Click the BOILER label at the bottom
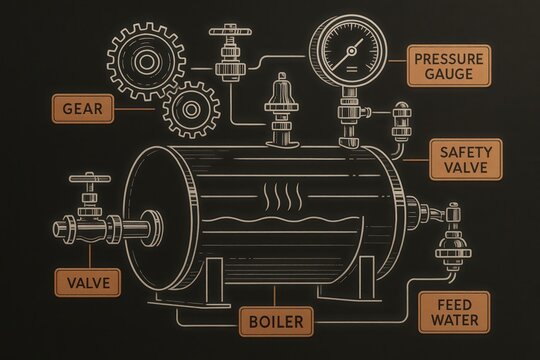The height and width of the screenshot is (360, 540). click(275, 322)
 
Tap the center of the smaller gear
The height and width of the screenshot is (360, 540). click(190, 111)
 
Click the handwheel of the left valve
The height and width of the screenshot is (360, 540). click(88, 182)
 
